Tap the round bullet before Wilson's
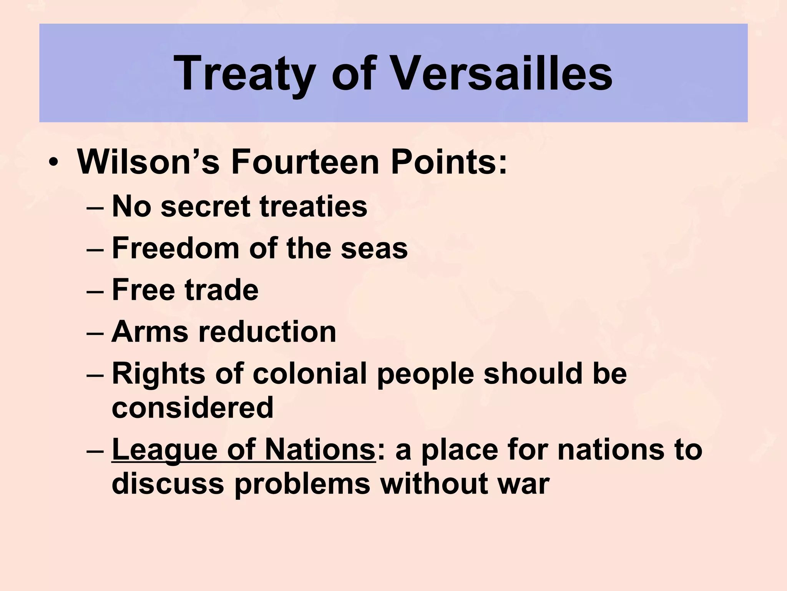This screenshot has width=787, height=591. click(x=53, y=162)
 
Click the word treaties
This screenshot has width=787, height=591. click(x=314, y=207)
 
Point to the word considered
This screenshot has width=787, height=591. click(x=193, y=407)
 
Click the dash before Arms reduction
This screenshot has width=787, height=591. click(x=95, y=333)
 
